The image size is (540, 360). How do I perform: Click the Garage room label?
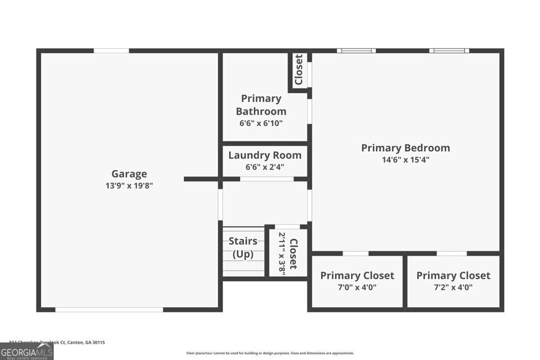(129, 174)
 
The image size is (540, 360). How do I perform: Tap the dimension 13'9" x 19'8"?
(129, 186)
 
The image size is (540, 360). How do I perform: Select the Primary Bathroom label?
(261, 105)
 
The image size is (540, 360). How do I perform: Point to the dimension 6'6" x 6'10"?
(261, 123)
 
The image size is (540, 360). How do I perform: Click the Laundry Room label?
(265, 155)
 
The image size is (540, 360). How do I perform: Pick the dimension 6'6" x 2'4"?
(265, 167)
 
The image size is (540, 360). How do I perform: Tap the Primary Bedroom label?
(406, 148)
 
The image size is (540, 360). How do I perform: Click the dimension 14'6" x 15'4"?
(406, 160)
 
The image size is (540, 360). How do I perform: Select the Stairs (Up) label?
(243, 248)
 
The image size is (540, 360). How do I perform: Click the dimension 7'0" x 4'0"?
(357, 287)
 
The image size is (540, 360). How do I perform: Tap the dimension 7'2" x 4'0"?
(453, 287)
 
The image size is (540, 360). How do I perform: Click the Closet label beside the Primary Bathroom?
(298, 70)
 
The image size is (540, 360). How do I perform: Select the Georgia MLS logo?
(26, 351)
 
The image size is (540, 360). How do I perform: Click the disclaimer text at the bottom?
(270, 353)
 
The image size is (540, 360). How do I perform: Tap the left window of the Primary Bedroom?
(356, 51)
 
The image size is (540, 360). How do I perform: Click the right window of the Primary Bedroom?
(449, 51)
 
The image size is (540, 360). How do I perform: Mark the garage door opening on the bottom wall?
(109, 309)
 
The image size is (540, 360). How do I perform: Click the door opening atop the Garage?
(111, 51)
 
